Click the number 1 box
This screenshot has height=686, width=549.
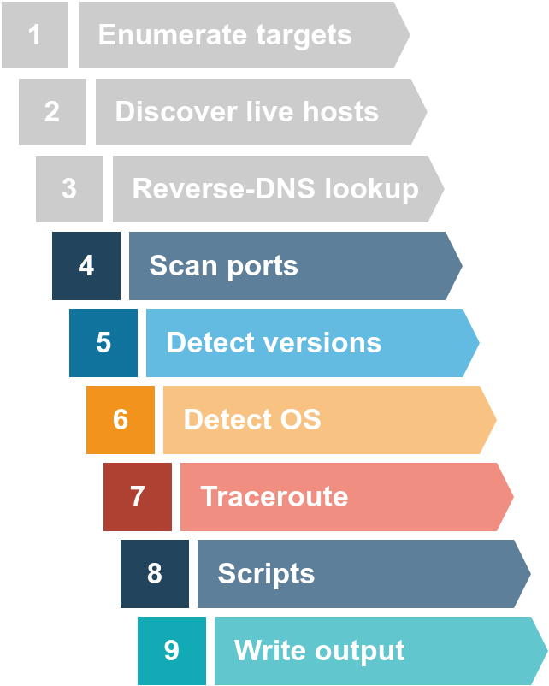[35, 35]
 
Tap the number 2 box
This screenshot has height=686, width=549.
[52, 112]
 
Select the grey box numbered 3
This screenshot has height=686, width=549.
[69, 189]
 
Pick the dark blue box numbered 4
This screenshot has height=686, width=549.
[86, 266]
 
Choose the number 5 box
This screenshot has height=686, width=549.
[103, 343]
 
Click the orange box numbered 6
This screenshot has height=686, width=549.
[121, 420]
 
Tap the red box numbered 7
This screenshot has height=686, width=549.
[138, 497]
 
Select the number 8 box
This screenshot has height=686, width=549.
[155, 574]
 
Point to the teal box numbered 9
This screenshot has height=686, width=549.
[172, 651]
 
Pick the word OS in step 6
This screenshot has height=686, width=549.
[298, 420]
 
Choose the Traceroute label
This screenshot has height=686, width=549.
[274, 497]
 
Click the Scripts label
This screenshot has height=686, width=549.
[266, 574]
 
